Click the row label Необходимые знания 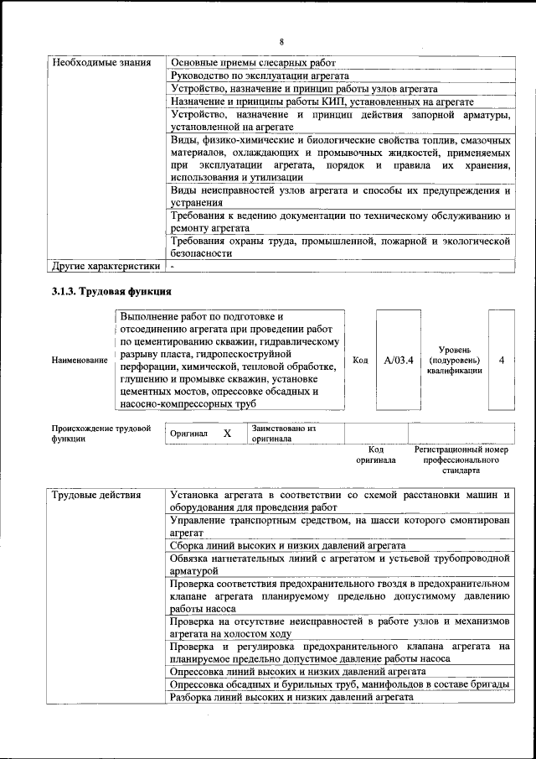tap(101, 63)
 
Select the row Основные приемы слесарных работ tap(253, 63)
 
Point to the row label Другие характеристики tap(106, 267)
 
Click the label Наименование tap(80, 360)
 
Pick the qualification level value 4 tap(501, 360)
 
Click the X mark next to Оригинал tap(227, 434)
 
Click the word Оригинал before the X tap(188, 434)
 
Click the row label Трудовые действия tap(95, 495)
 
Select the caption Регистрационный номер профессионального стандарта tap(461, 460)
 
